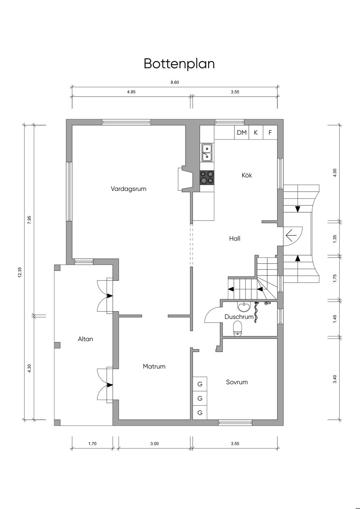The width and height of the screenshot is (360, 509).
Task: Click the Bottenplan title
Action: coord(179,64)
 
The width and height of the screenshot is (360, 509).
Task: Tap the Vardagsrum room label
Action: coord(128,189)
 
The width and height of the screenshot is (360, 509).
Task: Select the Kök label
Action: coord(247,175)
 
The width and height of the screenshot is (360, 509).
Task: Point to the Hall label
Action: coord(235,238)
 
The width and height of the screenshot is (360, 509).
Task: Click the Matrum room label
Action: coord(154,366)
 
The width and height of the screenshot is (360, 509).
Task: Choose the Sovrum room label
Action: coord(237,382)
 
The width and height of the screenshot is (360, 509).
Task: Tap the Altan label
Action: coord(85,339)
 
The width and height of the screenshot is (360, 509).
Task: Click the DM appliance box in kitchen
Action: coord(242,132)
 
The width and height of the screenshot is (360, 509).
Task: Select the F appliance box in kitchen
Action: coord(270,132)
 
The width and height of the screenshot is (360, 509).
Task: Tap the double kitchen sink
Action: coord(207,153)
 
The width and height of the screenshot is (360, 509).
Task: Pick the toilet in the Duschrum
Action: coord(238,328)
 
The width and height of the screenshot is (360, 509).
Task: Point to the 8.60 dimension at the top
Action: coord(175,82)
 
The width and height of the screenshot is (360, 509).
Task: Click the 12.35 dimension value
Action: coord(20,272)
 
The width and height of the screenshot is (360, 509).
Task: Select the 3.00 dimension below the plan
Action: coord(154,444)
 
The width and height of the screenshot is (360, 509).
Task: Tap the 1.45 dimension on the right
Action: coord(335,318)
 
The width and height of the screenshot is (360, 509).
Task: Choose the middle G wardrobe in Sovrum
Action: coord(200,398)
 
